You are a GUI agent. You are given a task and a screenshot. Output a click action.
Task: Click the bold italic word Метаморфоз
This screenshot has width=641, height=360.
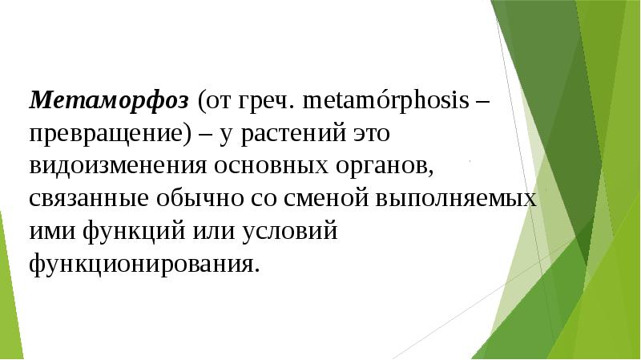110,100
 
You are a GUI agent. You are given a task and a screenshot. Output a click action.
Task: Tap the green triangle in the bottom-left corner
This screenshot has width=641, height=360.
9,305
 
